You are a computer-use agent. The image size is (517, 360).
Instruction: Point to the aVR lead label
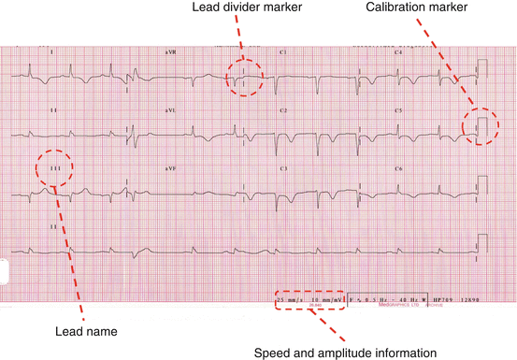[170, 52]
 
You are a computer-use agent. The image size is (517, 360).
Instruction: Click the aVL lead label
[170, 110]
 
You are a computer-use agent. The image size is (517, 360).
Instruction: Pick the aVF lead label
[170, 168]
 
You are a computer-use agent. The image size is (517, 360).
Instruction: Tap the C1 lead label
[283, 52]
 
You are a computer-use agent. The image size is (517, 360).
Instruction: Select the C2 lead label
[283, 110]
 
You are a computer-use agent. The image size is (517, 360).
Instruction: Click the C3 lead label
[283, 168]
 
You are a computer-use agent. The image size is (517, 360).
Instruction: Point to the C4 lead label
[398, 52]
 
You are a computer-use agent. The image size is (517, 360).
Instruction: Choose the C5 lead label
[398, 110]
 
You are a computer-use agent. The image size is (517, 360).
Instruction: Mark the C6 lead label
[398, 168]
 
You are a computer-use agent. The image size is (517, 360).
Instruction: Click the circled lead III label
[53, 168]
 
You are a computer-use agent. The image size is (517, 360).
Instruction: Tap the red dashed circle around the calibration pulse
[482, 125]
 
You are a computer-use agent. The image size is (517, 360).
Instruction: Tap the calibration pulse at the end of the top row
[482, 68]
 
